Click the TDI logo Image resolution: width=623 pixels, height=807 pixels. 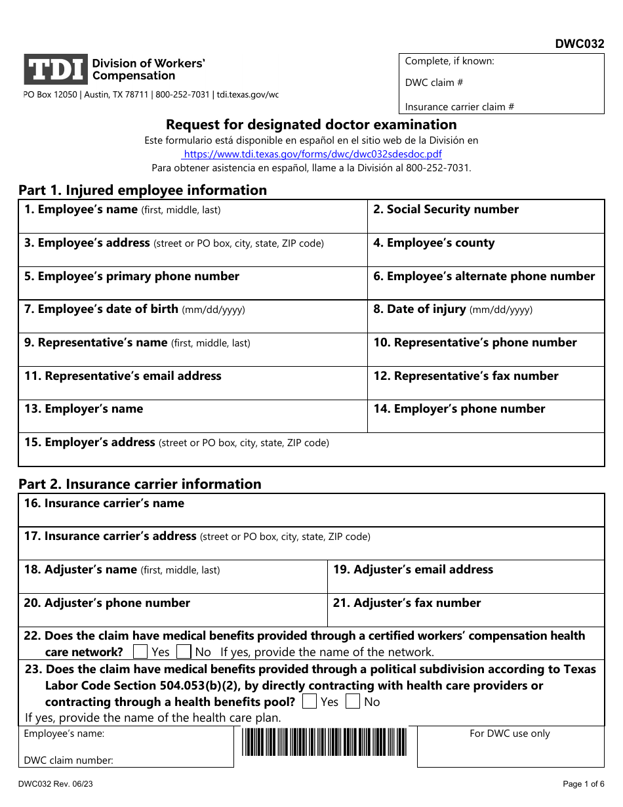56,70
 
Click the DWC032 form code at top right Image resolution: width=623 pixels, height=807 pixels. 580,45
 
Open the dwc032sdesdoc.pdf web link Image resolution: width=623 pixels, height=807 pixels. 312,154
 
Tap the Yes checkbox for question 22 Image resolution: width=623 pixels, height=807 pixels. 140,652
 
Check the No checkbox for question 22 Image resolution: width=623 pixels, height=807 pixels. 184,652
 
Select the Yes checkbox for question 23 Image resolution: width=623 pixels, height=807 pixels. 309,701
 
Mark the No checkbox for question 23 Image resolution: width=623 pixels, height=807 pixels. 353,701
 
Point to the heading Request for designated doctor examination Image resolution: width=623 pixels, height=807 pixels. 311,125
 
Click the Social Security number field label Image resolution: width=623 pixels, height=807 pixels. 446,210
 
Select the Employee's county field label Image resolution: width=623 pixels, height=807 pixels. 434,243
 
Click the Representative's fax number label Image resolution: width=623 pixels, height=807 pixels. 466,376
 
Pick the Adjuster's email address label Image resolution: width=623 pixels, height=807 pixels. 412,569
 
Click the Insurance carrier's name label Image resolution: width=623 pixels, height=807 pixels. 104,503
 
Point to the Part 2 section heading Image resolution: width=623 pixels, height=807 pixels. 140,484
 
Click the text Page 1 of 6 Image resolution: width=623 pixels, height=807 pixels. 584,784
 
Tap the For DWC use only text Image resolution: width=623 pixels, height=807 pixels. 510,734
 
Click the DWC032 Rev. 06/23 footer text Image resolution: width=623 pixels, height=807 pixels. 60,784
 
